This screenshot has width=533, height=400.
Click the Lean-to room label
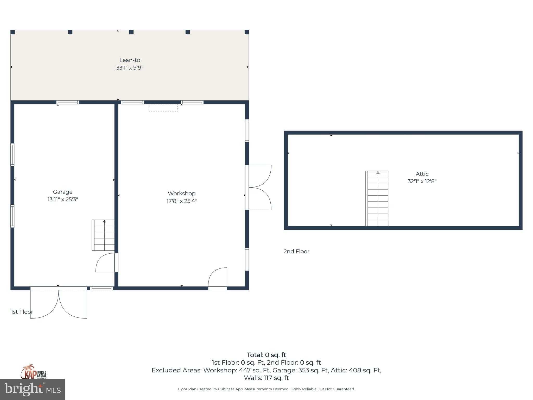(130, 60)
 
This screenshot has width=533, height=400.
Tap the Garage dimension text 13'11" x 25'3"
(63, 199)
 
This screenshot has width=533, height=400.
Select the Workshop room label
(181, 193)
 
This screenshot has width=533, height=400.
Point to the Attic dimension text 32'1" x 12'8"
(422, 181)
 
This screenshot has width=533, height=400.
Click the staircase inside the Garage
(103, 235)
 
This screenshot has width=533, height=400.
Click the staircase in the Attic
(377, 198)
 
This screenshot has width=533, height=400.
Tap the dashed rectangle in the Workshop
(163, 108)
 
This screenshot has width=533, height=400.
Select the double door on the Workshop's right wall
(258, 187)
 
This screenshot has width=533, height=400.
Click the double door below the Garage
(59, 303)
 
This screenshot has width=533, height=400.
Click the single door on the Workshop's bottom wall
(218, 279)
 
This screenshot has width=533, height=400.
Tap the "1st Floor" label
(22, 312)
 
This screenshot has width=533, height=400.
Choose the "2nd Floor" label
(296, 252)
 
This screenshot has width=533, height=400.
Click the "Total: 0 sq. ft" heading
(266, 355)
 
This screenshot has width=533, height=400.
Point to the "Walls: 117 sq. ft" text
(266, 378)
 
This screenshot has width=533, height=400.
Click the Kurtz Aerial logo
(34, 372)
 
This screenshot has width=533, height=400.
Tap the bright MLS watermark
(33, 389)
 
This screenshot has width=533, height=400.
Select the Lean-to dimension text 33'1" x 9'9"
(130, 68)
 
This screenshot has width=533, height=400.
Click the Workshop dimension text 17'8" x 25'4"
(181, 201)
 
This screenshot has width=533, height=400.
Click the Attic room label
(422, 174)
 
